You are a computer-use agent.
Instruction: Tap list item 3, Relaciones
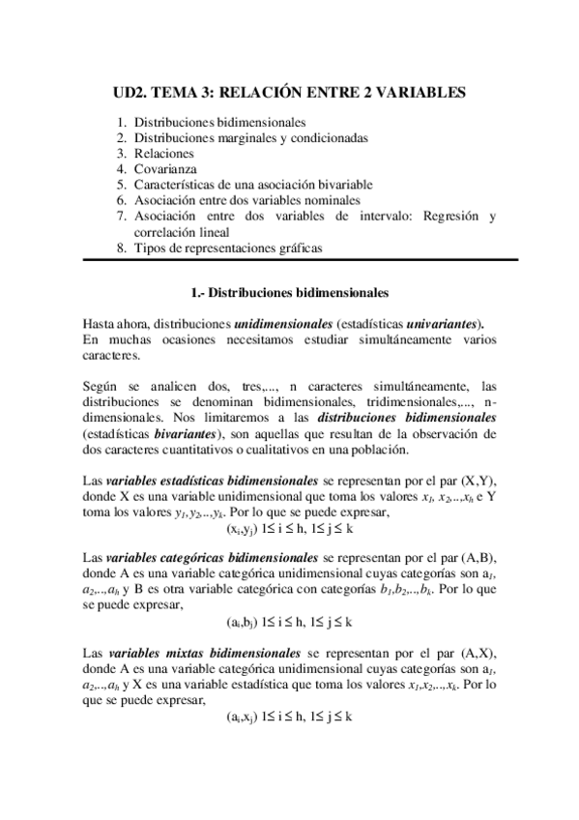click(164, 154)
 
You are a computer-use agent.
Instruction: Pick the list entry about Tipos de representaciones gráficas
click(228, 248)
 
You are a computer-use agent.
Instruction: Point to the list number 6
click(121, 200)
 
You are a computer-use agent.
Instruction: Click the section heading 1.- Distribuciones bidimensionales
click(290, 290)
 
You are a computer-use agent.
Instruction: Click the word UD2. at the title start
click(131, 93)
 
